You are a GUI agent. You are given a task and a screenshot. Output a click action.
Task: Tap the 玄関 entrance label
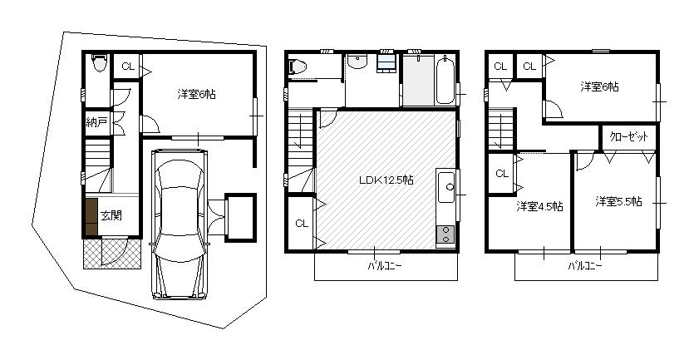(111, 215)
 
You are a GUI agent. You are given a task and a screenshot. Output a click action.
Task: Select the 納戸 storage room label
(96, 122)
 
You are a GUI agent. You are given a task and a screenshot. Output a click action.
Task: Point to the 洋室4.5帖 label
(539, 206)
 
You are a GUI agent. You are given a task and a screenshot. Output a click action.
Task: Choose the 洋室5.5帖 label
(618, 201)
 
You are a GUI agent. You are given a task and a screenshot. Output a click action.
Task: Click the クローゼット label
(629, 136)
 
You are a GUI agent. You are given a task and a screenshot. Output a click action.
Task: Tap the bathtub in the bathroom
(444, 81)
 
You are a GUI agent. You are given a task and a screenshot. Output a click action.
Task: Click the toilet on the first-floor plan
(100, 63)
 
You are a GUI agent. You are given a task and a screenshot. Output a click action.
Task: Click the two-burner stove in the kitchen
(445, 235)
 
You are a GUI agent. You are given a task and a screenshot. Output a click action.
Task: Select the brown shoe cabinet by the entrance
(91, 216)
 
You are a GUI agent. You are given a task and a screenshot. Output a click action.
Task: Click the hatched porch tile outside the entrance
(112, 252)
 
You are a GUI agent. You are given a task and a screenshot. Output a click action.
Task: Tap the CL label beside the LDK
(301, 223)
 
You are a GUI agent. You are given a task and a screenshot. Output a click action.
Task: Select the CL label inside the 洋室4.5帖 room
(501, 173)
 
